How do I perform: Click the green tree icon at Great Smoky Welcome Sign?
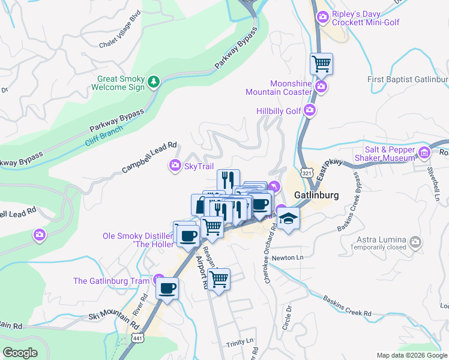click(154, 82)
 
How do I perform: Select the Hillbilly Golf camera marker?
click(310, 110)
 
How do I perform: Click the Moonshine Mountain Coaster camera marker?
click(321, 88)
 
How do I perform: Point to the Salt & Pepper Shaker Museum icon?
click(425, 152)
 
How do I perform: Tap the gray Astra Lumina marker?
click(415, 242)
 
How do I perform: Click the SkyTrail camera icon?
click(175, 166)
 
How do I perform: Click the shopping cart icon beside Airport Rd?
click(219, 278)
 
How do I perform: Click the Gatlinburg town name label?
click(318, 196)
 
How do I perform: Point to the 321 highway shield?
click(307, 173)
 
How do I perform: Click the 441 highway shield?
click(137, 339)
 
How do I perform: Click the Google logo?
click(20, 353)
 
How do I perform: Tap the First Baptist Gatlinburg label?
click(408, 80)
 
